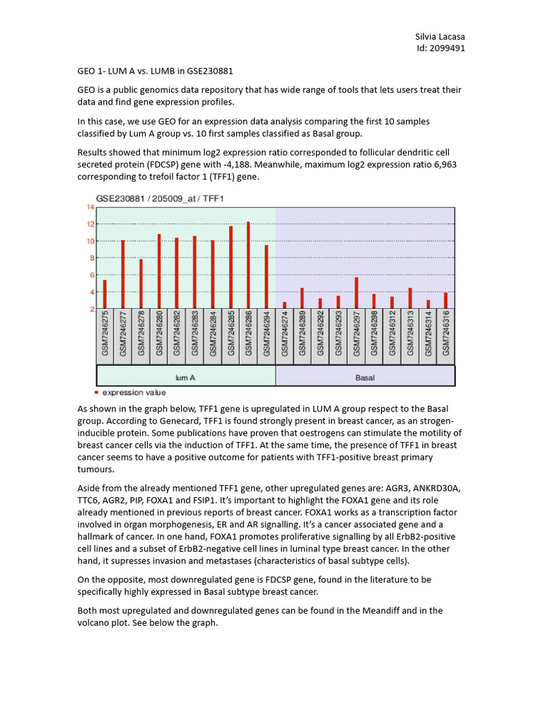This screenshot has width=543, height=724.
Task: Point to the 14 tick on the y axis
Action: coord(90,207)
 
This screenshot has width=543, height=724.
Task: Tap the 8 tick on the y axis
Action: coord(90,258)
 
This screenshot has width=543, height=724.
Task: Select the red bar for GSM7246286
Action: coord(248,265)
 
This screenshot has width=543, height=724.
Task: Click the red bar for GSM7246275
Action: coord(105,294)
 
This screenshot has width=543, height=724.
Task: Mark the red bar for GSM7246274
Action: coord(284,305)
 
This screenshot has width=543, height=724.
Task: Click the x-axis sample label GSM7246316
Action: coord(446,337)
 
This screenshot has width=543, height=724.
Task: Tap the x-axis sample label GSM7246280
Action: coord(158,337)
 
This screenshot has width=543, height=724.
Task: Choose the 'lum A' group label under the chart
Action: coord(185,378)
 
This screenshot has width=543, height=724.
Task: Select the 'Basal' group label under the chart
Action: coord(365,378)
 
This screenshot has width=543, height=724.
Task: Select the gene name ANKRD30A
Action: coord(433,488)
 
